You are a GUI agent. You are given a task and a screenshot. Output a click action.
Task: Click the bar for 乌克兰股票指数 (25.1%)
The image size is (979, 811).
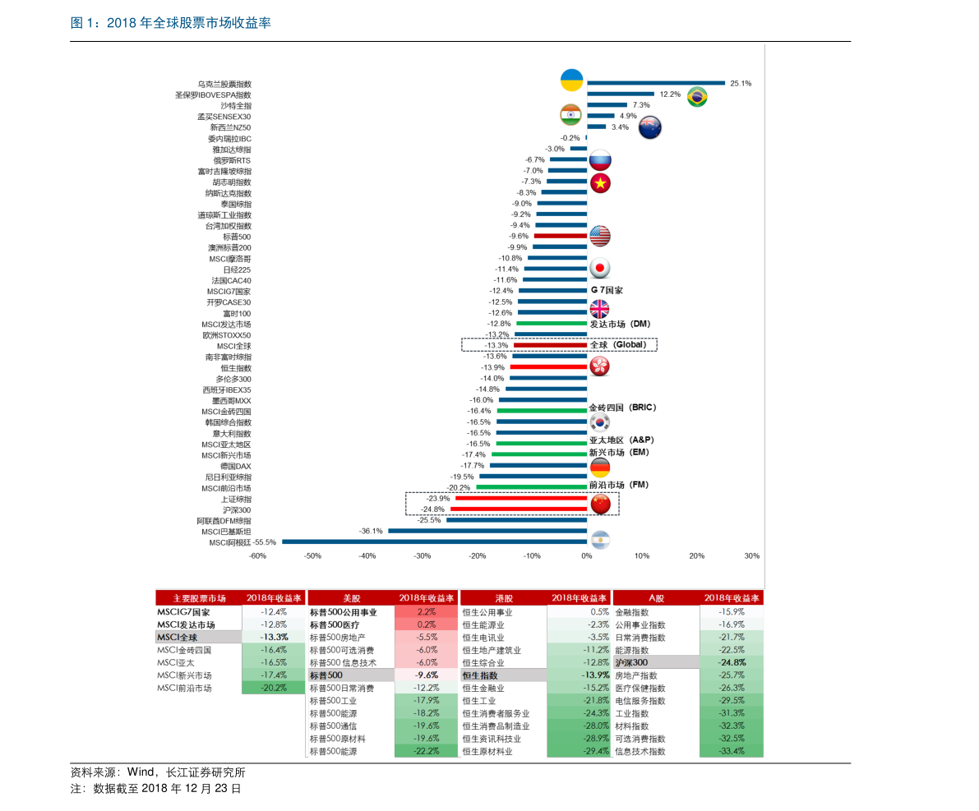coord(655,83)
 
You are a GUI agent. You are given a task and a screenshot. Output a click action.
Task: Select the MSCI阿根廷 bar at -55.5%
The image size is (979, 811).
coord(434,541)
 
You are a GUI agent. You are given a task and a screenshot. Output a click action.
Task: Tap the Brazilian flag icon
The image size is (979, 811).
coord(697,97)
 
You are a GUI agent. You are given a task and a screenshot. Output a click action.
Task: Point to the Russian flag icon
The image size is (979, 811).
coord(601,160)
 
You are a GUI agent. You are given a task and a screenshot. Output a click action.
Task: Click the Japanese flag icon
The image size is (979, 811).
coord(600,269)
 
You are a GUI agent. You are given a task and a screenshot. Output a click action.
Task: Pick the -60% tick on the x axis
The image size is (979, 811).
coord(257,556)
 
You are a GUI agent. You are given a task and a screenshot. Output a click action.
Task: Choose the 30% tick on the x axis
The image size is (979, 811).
coord(751,556)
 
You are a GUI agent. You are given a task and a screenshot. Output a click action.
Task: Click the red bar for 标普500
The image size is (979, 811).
coord(560,236)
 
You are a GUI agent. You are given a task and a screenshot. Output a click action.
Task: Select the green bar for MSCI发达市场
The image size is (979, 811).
coord(551,324)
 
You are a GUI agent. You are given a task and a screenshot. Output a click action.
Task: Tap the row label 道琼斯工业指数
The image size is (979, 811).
coord(224,214)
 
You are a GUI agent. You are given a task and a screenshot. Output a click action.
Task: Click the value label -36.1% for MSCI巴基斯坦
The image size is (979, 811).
coord(371,531)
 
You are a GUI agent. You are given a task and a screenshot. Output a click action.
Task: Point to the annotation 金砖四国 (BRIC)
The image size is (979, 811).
coord(622,408)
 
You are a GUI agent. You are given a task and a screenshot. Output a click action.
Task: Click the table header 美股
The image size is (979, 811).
coord(351,598)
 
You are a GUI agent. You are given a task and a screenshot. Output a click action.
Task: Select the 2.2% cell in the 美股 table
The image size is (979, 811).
coord(427,612)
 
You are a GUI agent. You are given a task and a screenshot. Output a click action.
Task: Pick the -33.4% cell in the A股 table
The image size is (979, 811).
coord(731,751)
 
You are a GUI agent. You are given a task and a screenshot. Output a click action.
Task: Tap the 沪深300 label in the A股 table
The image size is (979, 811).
coord(631,662)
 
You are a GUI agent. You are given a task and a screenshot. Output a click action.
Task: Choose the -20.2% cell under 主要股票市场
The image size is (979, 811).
coord(273,688)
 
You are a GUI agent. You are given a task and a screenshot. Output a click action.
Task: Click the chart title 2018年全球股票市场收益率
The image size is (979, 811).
coord(170,23)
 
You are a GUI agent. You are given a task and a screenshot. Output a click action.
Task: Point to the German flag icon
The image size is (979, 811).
coord(600,468)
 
